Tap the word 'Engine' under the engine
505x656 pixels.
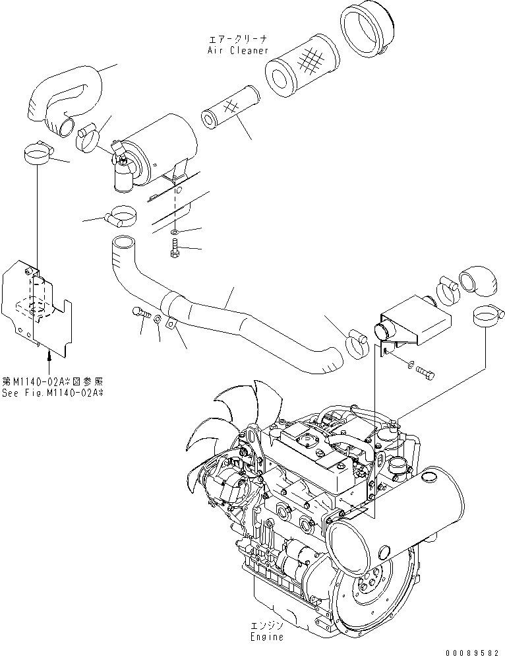click(x=267, y=637)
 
